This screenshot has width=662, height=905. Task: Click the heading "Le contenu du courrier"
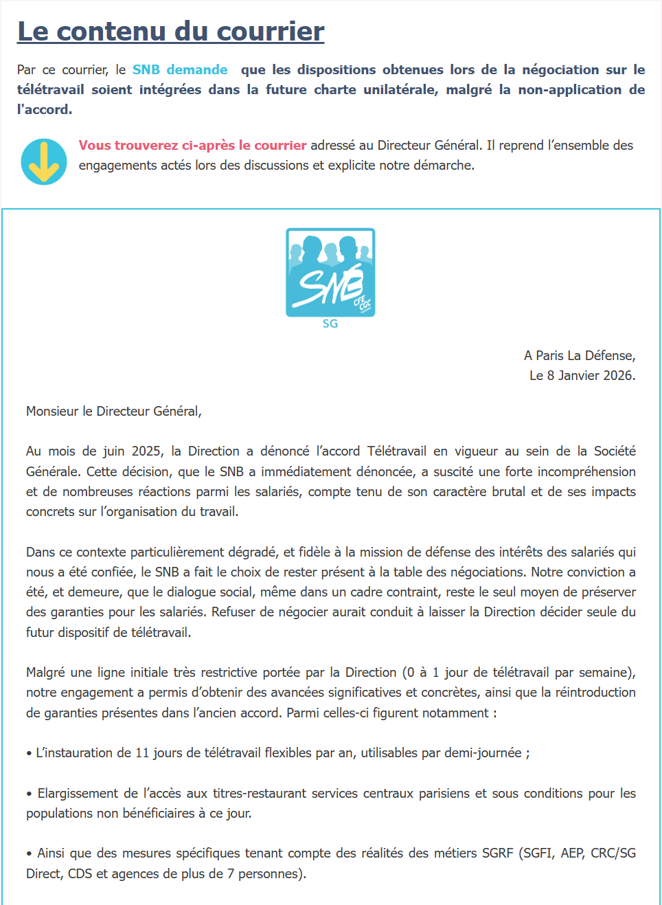tap(170, 32)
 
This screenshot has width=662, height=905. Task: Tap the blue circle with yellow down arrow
tap(44, 162)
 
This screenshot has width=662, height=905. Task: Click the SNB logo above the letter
tap(330, 272)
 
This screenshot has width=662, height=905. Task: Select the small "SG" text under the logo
tap(330, 324)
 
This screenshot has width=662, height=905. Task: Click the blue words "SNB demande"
tap(180, 69)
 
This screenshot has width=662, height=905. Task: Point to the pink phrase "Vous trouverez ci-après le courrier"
tap(192, 145)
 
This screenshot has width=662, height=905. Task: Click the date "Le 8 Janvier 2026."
tap(582, 375)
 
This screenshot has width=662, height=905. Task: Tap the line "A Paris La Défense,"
tap(580, 355)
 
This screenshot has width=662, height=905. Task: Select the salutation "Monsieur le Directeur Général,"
tap(114, 411)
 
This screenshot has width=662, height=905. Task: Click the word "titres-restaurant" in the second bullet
tap(259, 793)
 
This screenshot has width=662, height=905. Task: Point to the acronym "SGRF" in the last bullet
tap(497, 853)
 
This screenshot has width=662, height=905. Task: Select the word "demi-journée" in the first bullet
tap(483, 752)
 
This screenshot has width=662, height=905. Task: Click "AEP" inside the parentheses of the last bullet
tap(572, 853)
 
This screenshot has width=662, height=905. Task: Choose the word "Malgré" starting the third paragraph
tap(45, 672)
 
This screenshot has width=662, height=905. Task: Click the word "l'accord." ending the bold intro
tap(45, 109)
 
